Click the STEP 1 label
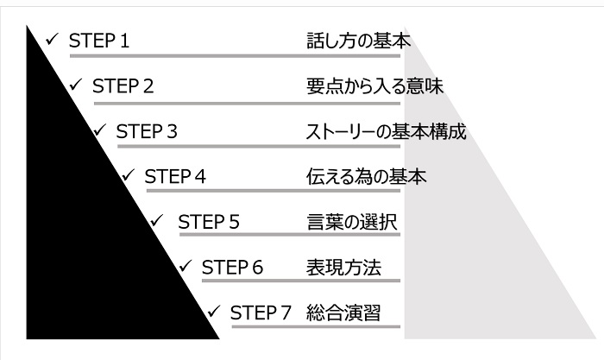pos(98,41)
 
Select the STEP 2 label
pos(123,86)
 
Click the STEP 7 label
pos(261,312)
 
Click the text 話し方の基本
pos(358,41)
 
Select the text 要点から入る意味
pos(375,86)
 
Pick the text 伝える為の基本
pos(367,177)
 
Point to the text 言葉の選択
pos(350,222)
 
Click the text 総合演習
pos(343,312)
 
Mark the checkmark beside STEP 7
pos(215,310)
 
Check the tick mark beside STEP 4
pos(129,175)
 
